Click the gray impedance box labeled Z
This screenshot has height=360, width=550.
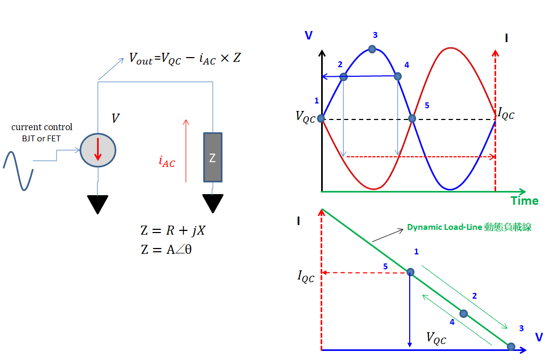[x=212, y=157]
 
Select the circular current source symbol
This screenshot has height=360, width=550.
[x=97, y=150]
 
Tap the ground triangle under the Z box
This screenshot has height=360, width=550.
[x=213, y=203]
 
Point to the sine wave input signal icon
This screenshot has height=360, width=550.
[x=18, y=171]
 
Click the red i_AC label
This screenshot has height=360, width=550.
[x=167, y=162]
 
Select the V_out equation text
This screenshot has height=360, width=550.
[x=185, y=58]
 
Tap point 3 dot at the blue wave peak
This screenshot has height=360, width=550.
[x=372, y=49]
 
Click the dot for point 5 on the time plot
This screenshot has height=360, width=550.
[x=412, y=118]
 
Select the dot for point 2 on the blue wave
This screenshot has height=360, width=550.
[x=344, y=77]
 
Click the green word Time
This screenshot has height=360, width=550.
[x=524, y=201]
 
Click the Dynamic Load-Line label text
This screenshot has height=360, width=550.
[x=469, y=227]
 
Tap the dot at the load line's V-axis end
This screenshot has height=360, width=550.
[x=511, y=347]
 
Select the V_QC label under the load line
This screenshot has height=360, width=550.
[x=436, y=338]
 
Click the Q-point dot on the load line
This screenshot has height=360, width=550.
[x=410, y=272]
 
